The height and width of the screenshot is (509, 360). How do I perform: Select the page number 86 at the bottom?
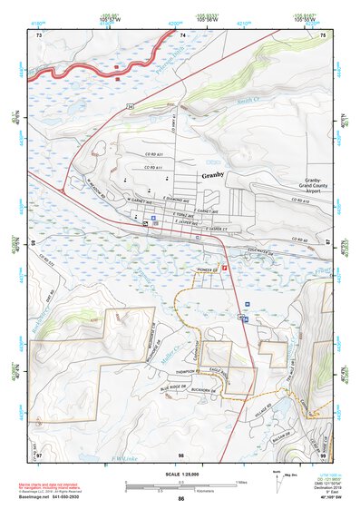pos(180,500)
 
